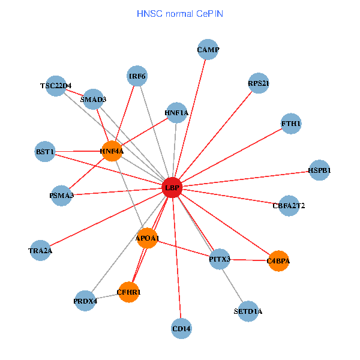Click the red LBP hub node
pyautogui.click(x=172, y=188)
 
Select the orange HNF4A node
pyautogui.click(x=112, y=151)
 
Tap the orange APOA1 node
pyautogui.click(x=148, y=239)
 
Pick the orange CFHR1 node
pyautogui.click(x=128, y=292)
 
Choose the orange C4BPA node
pyautogui.click(x=278, y=261)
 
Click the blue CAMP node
pyautogui.click(x=208, y=50)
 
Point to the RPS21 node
pyautogui.click(x=259, y=83)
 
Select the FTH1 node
pyautogui.click(x=291, y=124)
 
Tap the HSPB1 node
pyautogui.click(x=319, y=170)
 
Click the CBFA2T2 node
pyautogui.click(x=289, y=206)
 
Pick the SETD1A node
pyautogui.click(x=248, y=311)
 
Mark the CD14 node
pyautogui.click(x=181, y=328)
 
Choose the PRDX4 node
pyautogui.click(x=85, y=301)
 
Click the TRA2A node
pyautogui.click(x=40, y=250)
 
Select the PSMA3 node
pyautogui.click(x=62, y=195)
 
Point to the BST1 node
pyautogui.click(x=46, y=152)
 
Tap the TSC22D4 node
pyautogui.click(x=56, y=86)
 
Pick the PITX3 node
pyautogui.click(x=220, y=259)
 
